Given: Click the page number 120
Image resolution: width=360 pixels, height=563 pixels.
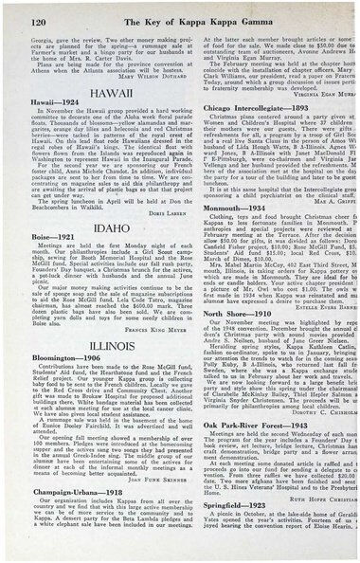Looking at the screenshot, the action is (x=27, y=11).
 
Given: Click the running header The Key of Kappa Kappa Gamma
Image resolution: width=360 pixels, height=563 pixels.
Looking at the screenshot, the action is (x=180, y=11).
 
